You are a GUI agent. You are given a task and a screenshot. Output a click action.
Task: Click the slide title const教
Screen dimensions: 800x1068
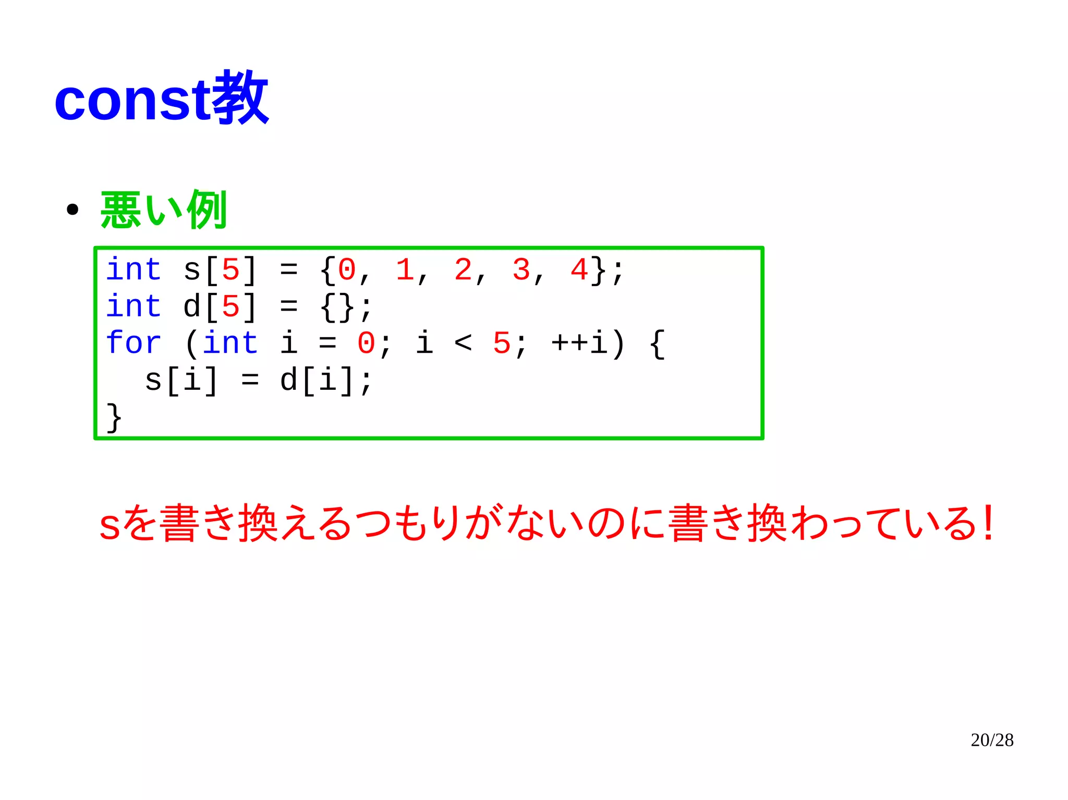pyautogui.click(x=161, y=99)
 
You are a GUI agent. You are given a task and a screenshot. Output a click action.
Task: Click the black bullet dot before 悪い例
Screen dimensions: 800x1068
pyautogui.click(x=72, y=210)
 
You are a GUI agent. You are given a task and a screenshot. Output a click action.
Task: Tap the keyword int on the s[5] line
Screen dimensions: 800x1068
pyautogui.click(x=133, y=270)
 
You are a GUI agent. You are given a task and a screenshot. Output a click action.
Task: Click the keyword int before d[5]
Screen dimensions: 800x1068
pyautogui.click(x=133, y=306)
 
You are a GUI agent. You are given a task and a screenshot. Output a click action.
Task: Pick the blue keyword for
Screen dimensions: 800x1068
pyautogui.click(x=133, y=343)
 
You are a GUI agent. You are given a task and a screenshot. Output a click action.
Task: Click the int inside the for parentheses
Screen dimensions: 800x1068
pyautogui.click(x=230, y=343)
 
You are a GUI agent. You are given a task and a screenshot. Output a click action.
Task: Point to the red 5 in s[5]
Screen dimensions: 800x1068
pyautogui.click(x=230, y=270)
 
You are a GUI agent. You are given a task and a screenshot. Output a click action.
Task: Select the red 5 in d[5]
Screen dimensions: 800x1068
pyautogui.click(x=230, y=307)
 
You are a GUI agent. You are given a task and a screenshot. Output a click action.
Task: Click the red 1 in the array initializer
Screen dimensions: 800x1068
pyautogui.click(x=405, y=270)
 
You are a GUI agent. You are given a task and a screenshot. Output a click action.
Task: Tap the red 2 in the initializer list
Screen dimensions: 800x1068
pyautogui.click(x=463, y=270)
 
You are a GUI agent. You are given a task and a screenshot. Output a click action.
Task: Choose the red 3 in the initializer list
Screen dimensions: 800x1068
pyautogui.click(x=520, y=270)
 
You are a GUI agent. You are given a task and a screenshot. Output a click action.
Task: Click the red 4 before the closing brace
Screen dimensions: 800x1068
pyautogui.click(x=579, y=270)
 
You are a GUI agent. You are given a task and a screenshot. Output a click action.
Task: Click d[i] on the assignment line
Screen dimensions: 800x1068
pyautogui.click(x=318, y=380)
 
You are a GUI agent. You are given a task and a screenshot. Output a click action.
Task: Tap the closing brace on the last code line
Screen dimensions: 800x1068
pyautogui.click(x=114, y=417)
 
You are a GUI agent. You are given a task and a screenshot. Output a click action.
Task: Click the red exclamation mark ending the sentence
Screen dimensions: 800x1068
pyautogui.click(x=987, y=523)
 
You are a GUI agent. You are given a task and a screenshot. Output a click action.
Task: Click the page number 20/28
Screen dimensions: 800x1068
pyautogui.click(x=992, y=740)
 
